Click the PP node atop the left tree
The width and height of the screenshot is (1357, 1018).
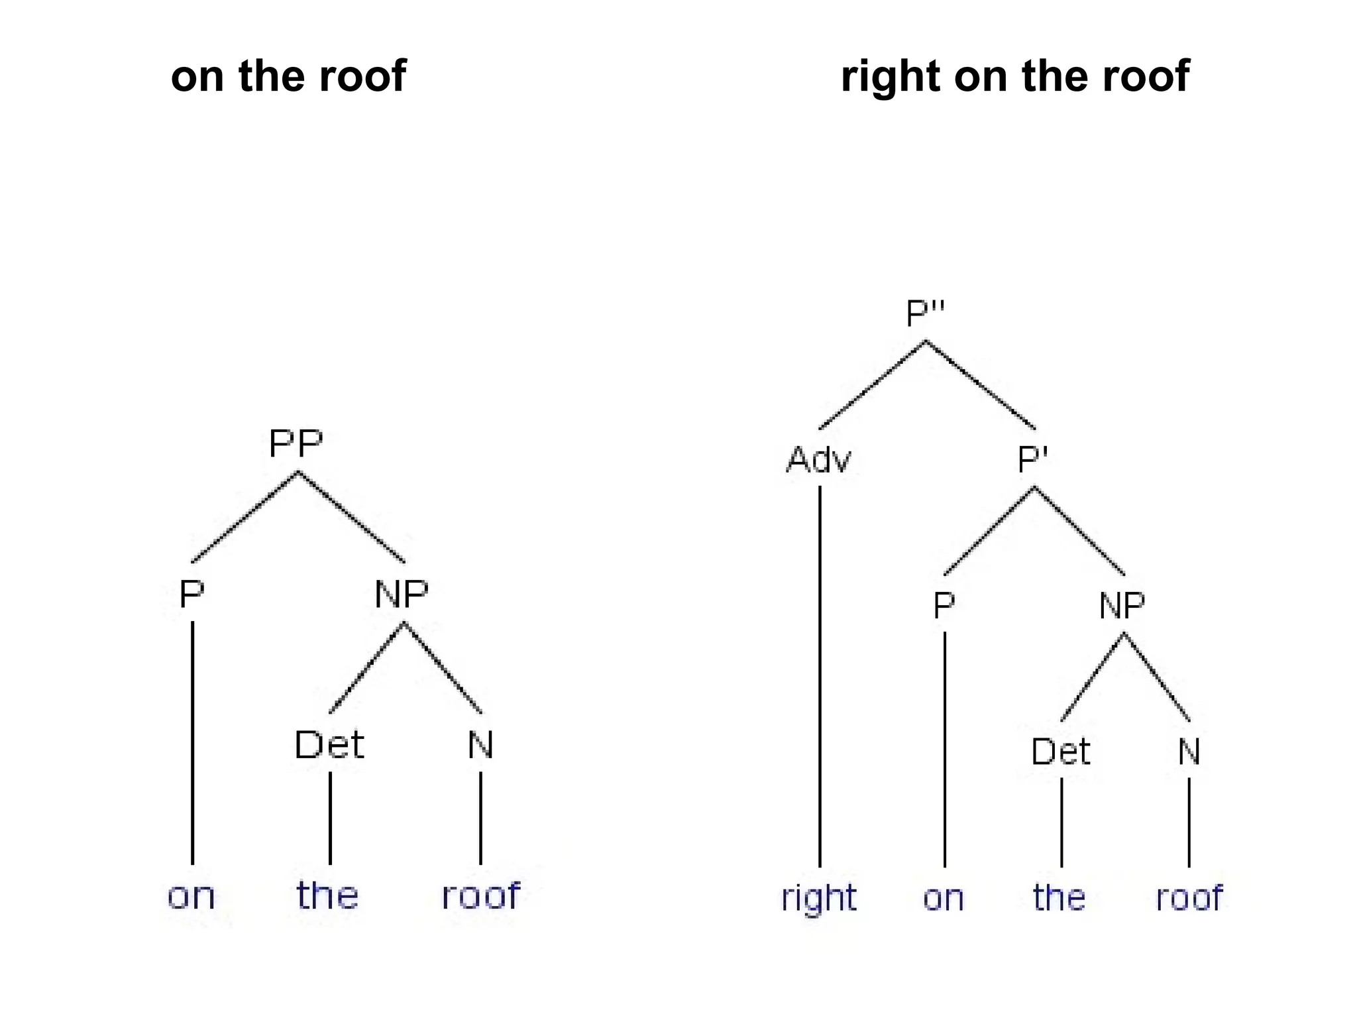click(296, 443)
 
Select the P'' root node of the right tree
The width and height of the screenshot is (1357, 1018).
click(925, 313)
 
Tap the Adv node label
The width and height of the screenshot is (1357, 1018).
click(818, 459)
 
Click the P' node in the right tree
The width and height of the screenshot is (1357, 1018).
click(1032, 459)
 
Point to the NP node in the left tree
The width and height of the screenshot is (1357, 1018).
click(402, 594)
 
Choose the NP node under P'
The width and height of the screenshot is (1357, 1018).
click(1122, 605)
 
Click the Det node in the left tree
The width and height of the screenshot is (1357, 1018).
click(329, 745)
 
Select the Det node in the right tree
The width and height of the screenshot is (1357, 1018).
click(1060, 752)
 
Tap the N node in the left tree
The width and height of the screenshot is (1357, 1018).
click(480, 745)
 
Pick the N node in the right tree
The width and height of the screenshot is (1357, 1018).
click(1189, 752)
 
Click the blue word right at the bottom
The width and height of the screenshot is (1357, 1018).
click(819, 899)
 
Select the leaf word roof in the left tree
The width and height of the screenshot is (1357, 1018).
click(480, 895)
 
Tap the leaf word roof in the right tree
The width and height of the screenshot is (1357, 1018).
click(1189, 898)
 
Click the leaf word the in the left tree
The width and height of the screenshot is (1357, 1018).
click(327, 895)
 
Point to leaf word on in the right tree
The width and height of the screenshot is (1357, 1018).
click(943, 899)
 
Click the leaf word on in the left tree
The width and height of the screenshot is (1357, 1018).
click(191, 897)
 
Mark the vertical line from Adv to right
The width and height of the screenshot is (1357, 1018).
click(820, 676)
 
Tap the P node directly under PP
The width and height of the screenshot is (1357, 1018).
click(191, 594)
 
